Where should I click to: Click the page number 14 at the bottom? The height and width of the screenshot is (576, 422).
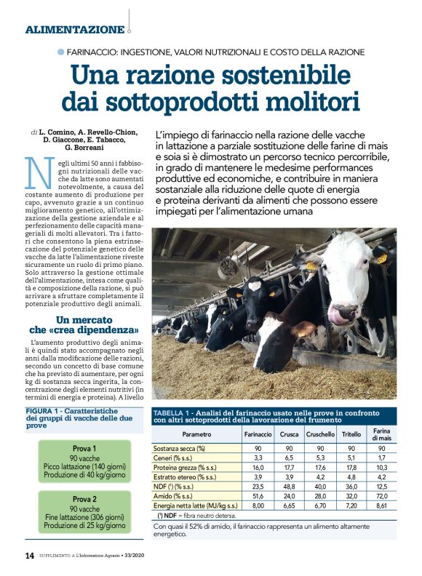[x=28, y=556]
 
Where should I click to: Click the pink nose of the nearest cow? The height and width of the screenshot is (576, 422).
[x=340, y=314]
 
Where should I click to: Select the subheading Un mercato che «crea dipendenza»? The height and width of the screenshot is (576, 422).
[x=85, y=326]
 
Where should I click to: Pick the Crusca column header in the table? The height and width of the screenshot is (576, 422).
[x=288, y=434]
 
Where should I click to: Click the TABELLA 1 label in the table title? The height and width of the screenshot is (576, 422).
[x=175, y=411]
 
